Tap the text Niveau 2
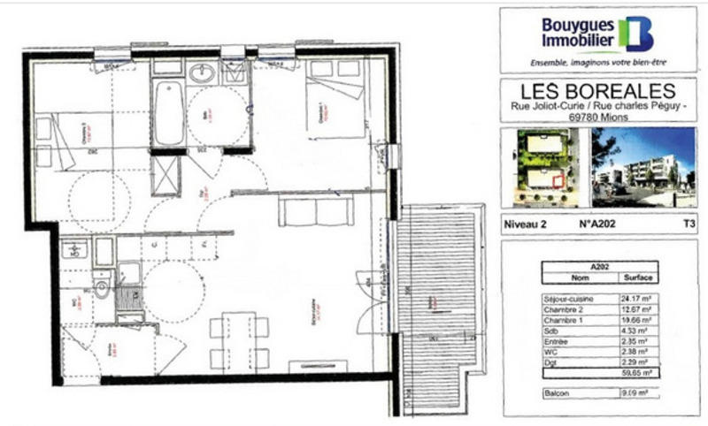point(525,224)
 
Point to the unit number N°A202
point(597,224)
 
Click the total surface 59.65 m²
point(631,373)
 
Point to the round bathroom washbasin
point(203,74)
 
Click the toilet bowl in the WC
point(104,287)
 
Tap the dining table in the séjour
point(239,340)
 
